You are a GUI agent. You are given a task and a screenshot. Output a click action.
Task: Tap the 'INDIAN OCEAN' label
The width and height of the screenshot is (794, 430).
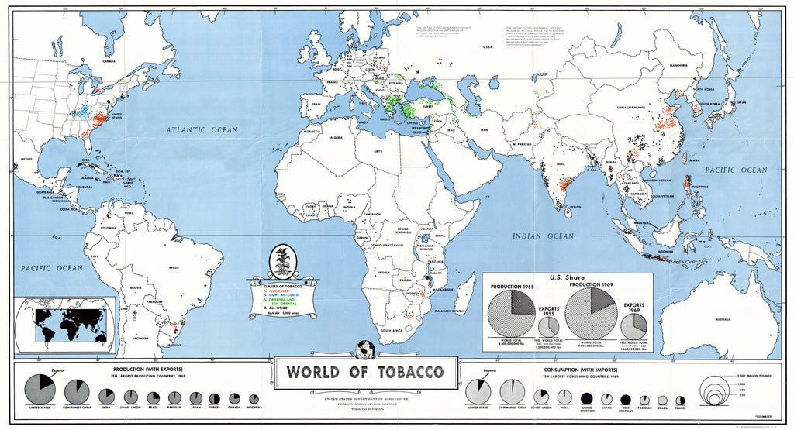click(x=543, y=236)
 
